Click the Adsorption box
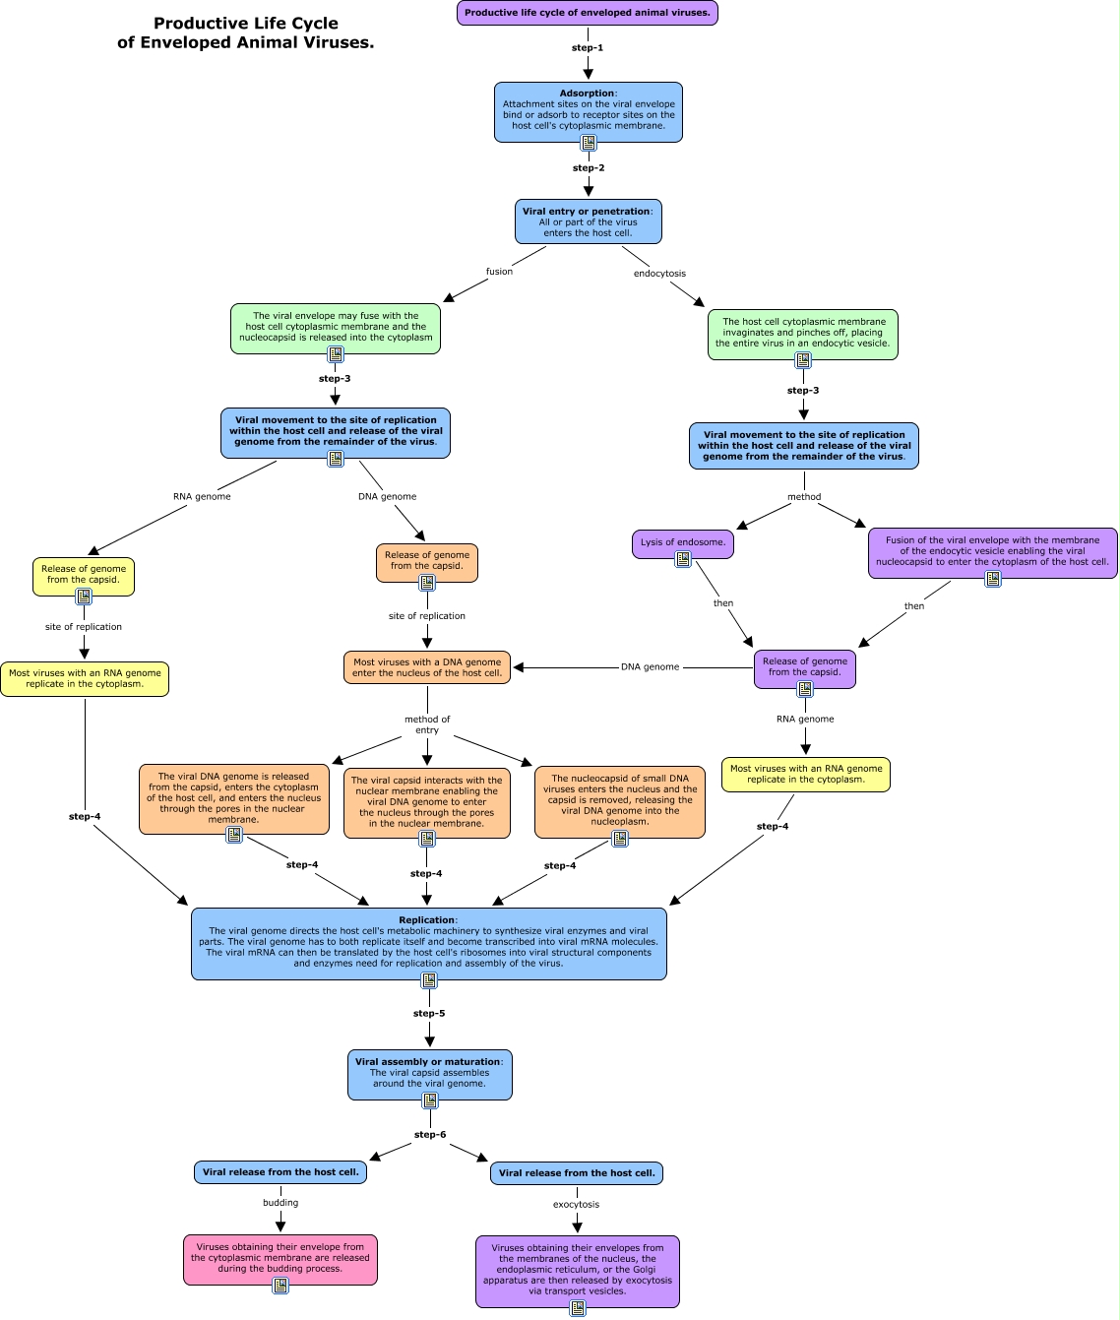tap(589, 112)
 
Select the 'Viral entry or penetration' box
tap(589, 221)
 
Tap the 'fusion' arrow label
tap(499, 272)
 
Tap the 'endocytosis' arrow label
tap(659, 274)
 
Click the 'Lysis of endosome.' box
tap(683, 544)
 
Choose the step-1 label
tap(588, 48)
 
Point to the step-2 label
tap(589, 168)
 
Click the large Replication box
tap(428, 943)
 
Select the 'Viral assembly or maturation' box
tap(430, 1074)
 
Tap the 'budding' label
tap(280, 1203)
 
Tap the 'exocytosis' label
tap(576, 1205)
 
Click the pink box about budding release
tap(280, 1259)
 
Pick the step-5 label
tap(429, 1014)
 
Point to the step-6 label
tap(430, 1135)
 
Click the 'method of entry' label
tap(427, 724)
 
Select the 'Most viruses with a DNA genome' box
tap(426, 667)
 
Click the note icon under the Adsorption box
tap(589, 143)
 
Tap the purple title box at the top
tap(588, 13)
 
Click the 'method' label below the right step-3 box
tap(804, 497)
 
